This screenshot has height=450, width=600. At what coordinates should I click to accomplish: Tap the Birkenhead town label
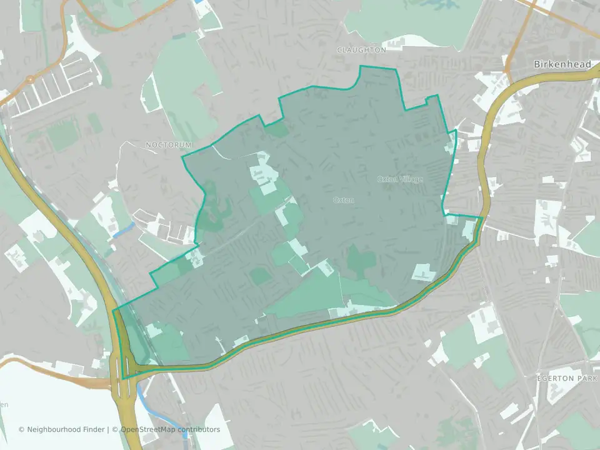tap(562, 64)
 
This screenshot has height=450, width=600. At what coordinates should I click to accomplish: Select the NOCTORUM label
tap(169, 144)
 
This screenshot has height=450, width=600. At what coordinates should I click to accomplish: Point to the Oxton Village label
tap(399, 179)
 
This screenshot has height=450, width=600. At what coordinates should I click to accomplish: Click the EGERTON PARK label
tap(565, 378)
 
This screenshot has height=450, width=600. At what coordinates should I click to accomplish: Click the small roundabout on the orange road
tap(29, 80)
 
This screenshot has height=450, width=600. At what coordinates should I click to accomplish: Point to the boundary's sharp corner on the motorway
tap(122, 378)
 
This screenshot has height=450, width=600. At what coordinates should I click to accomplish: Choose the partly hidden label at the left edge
tap(4, 404)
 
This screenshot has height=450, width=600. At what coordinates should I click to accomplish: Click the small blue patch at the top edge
tap(199, 2)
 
